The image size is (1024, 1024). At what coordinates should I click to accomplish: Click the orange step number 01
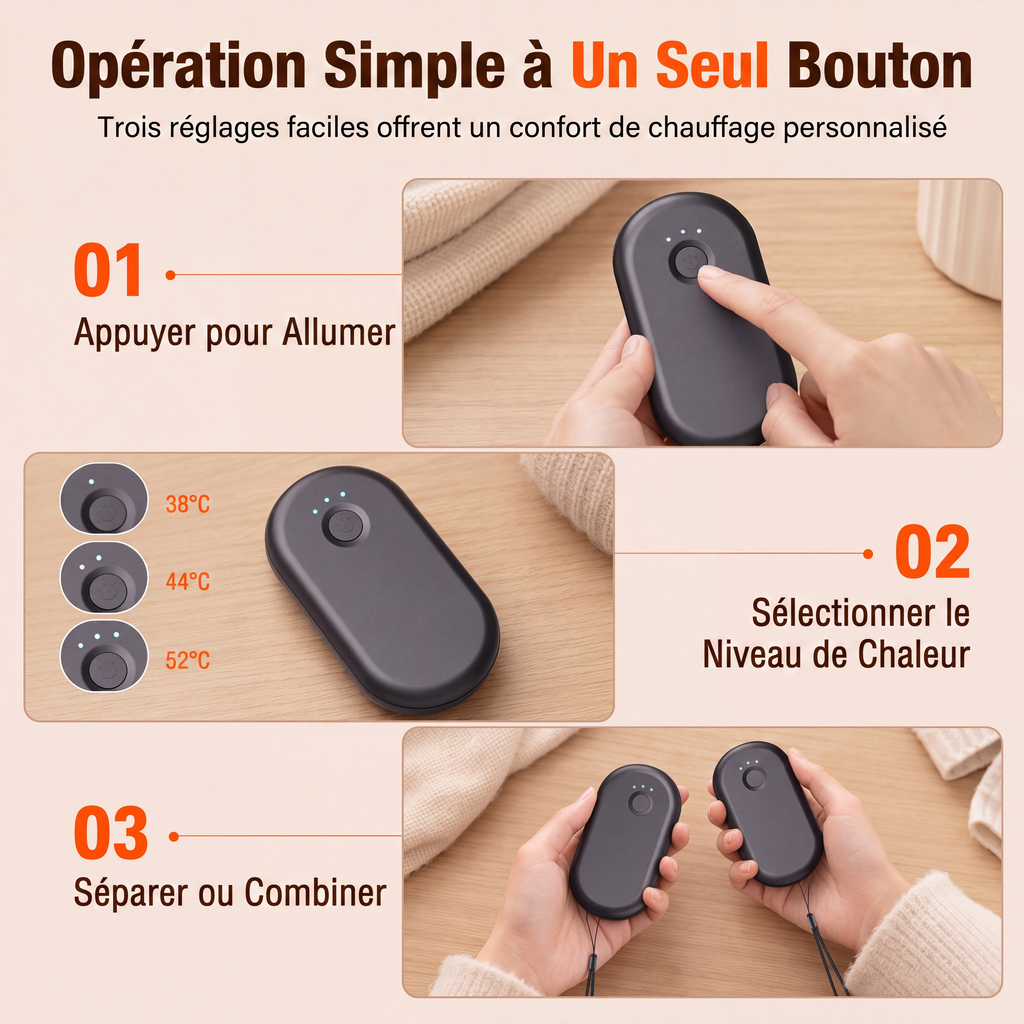(108, 270)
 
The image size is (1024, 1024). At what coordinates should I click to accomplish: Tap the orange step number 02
(933, 552)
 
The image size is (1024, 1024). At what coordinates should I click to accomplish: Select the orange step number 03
(111, 833)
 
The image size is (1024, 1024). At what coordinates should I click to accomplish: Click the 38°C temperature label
(187, 504)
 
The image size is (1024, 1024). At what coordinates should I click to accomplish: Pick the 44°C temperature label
(187, 581)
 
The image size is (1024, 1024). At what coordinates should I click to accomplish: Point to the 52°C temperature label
(187, 660)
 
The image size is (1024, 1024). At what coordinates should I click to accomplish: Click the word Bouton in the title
(880, 65)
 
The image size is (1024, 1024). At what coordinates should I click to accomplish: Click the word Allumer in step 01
(339, 332)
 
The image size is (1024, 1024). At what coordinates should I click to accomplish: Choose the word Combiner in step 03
(315, 892)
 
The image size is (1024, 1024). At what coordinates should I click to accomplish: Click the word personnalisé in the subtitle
(865, 127)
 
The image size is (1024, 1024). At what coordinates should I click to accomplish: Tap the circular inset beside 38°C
(104, 499)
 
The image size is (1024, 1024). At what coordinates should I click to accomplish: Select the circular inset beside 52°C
(104, 656)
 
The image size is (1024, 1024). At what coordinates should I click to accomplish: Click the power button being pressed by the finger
(689, 261)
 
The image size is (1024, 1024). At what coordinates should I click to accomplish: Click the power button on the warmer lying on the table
(345, 524)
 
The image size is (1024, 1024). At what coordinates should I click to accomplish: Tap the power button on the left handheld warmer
(640, 803)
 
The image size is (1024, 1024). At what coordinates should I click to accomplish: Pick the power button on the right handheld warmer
(754, 778)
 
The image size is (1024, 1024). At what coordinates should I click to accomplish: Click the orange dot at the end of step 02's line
(868, 554)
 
